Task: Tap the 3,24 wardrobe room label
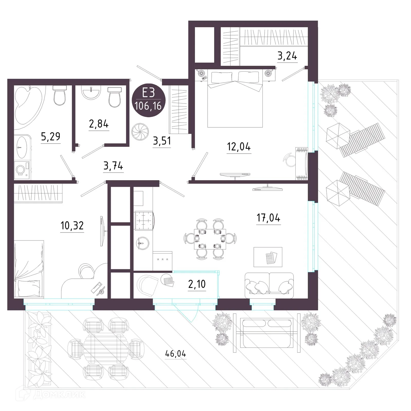tap(287, 55)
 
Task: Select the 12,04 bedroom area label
tap(239, 147)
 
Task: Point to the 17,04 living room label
tap(268, 218)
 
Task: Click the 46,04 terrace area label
tap(175, 354)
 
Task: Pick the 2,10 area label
tap(197, 284)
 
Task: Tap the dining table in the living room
tap(210, 239)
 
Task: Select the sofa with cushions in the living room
tap(269, 285)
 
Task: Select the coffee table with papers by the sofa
tap(268, 257)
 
